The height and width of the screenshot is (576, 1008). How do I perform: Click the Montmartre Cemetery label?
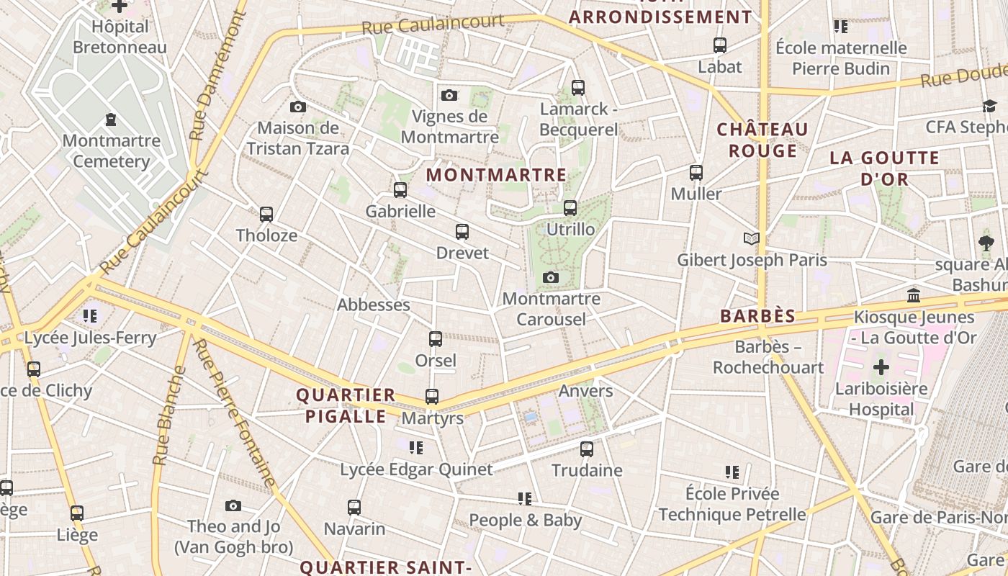[x=111, y=150]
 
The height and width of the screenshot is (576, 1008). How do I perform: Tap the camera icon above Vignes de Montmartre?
[x=449, y=95]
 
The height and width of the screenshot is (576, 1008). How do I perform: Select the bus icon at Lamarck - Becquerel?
[x=578, y=88]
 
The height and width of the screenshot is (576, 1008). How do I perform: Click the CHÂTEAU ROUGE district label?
[x=762, y=140]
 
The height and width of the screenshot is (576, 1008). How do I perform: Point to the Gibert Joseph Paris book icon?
[x=751, y=238]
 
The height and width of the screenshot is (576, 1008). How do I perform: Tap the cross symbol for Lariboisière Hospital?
[x=881, y=368]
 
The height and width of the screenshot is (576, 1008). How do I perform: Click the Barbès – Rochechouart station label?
[x=768, y=357]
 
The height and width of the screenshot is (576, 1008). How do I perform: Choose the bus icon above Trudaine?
[x=587, y=449]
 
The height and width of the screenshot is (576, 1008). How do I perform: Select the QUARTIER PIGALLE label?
[x=346, y=405]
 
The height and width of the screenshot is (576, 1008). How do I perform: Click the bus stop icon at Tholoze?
[x=266, y=215]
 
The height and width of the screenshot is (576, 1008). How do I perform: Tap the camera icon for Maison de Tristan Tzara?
[x=297, y=107]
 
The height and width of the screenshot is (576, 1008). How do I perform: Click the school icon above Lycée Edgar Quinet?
[x=416, y=448]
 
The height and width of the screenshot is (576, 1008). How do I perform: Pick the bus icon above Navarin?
[x=354, y=508]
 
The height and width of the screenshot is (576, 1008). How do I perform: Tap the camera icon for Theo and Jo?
[x=233, y=505]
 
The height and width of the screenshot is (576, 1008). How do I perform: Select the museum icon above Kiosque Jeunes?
[x=914, y=296]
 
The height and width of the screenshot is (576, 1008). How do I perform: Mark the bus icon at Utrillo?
[x=570, y=208]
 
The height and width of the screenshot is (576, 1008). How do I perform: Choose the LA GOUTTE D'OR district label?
[x=884, y=168]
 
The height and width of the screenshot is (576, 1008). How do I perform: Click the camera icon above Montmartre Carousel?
[x=551, y=277]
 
